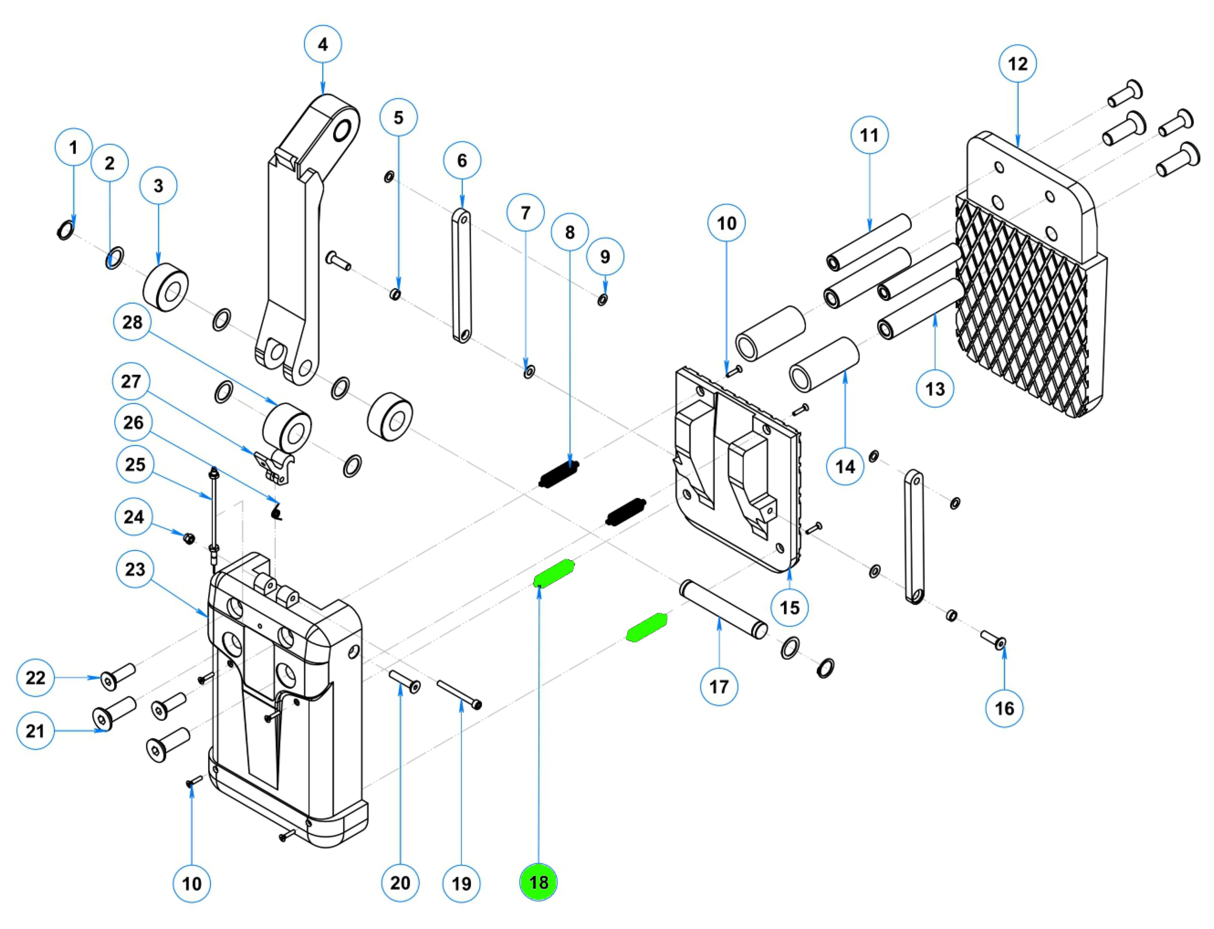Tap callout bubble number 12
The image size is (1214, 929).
pos(1018,64)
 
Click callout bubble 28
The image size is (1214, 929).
pos(132,322)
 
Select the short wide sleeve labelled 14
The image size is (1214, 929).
pos(824,365)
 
